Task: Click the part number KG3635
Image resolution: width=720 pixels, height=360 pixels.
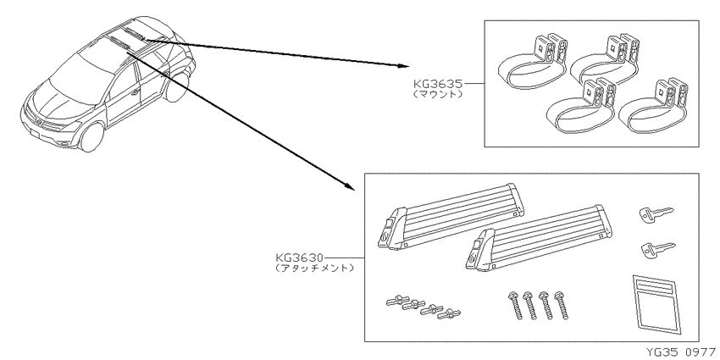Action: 438,84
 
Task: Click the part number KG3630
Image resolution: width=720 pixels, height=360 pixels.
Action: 300,258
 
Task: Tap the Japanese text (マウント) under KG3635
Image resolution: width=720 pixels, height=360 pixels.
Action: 437,95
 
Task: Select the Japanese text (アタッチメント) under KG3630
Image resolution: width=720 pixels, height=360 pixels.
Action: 315,268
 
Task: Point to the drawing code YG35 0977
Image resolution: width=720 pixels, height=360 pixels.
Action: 681,352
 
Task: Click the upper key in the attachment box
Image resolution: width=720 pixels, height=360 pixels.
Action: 656,213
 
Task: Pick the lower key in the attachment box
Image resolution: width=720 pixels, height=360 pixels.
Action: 658,249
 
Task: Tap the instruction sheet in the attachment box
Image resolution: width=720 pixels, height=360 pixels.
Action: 656,305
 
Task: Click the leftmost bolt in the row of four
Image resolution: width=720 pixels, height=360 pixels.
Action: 515,305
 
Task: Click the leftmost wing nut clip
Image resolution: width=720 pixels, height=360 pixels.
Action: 397,302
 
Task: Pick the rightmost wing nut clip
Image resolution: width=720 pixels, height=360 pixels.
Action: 449,314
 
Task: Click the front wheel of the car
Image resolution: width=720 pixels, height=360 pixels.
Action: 91,137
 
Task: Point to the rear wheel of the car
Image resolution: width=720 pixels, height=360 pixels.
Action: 177,86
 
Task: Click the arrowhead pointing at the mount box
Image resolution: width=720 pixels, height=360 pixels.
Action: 403,66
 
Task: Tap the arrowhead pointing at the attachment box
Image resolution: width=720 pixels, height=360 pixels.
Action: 350,185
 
